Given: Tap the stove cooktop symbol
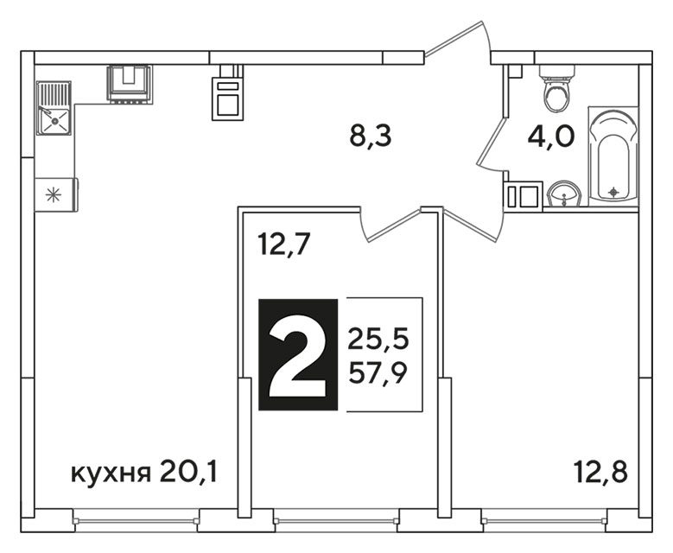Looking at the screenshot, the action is [130, 84].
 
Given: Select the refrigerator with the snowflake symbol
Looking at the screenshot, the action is [56, 195].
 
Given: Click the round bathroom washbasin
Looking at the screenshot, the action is [564, 194].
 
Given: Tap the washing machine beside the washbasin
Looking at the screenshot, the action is [524, 195].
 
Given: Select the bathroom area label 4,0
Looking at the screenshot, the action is [551, 137].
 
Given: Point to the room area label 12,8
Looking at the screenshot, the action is [601, 473].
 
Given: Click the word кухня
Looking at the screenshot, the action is [111, 474].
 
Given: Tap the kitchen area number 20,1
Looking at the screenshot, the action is [188, 473].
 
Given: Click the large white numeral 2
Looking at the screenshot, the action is [298, 355].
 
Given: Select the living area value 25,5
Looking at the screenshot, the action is [378, 340].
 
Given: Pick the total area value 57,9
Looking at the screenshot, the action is [378, 373].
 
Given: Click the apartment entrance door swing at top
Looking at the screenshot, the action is [458, 42].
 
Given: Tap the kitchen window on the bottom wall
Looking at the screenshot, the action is [136, 521].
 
